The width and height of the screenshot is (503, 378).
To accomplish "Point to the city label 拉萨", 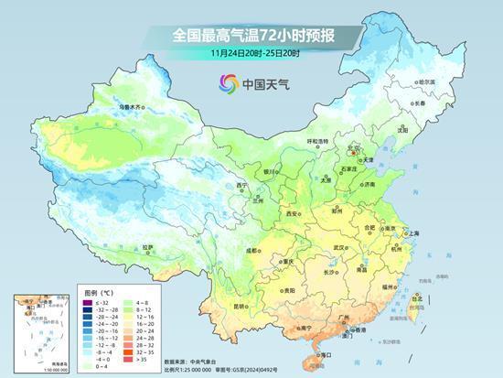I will pos(149,246).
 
